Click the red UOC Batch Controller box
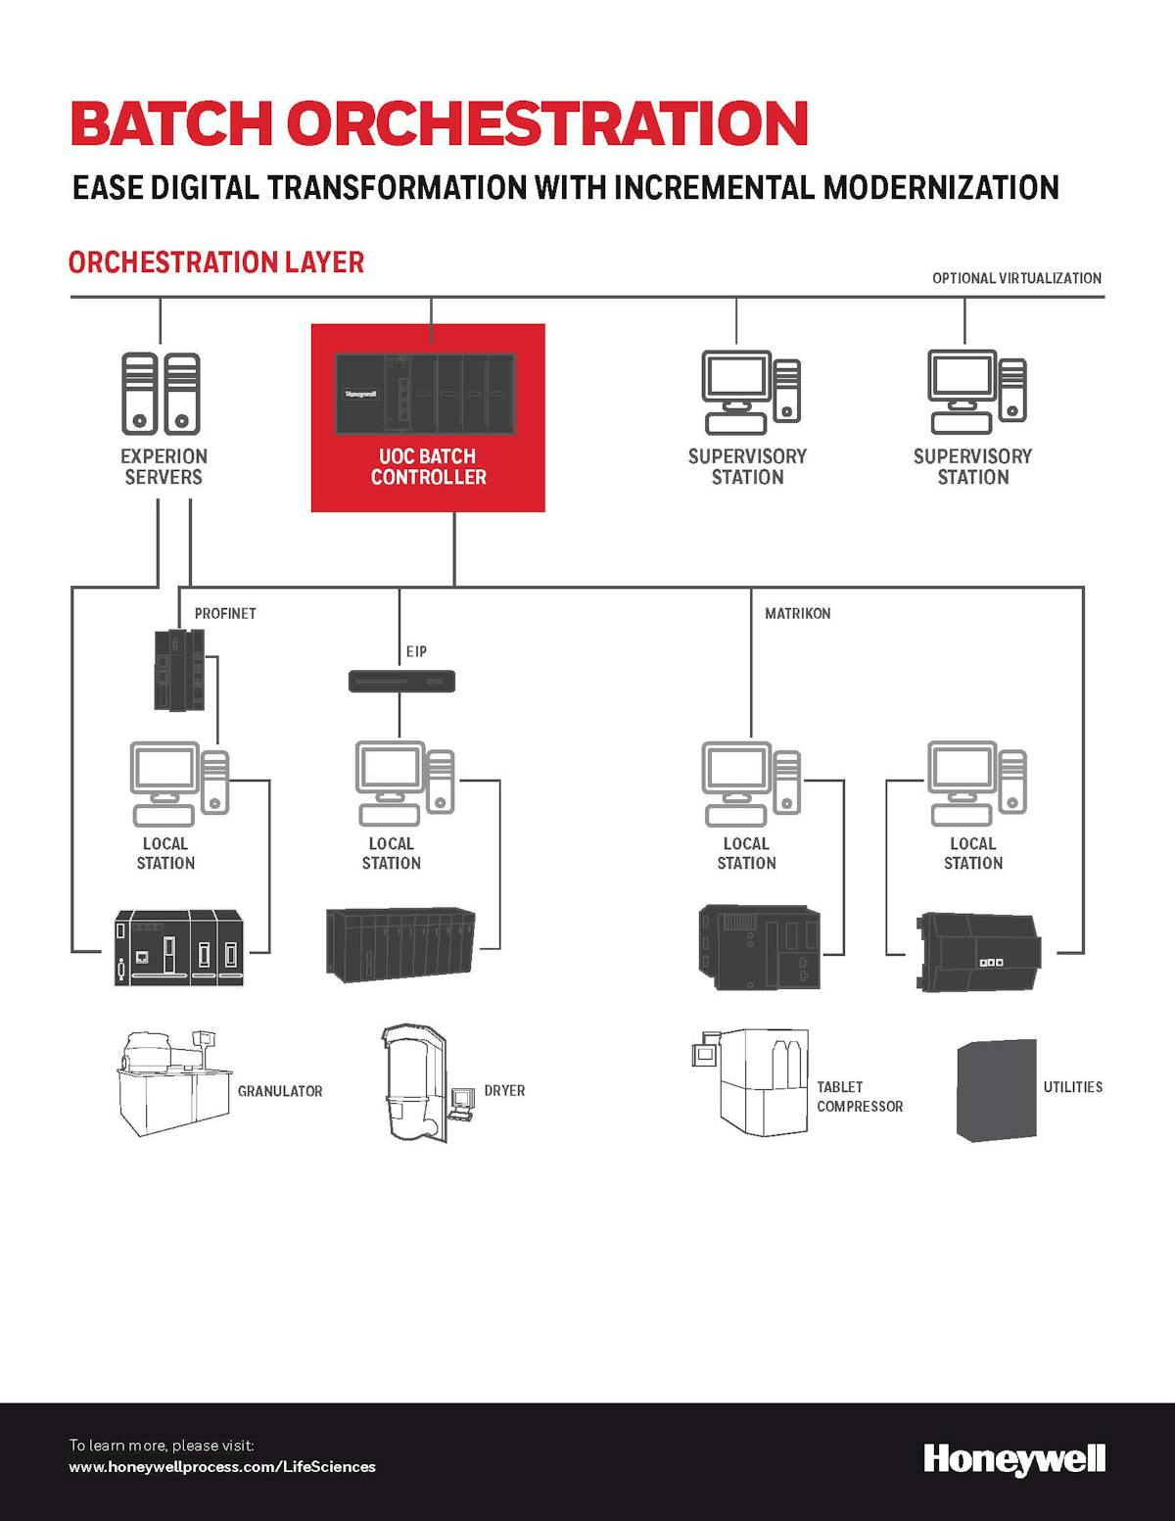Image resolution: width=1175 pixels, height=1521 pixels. coord(428,418)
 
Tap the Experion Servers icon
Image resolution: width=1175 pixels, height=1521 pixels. coord(161,394)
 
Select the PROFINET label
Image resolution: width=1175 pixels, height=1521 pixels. coord(225,613)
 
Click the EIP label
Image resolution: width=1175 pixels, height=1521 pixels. coord(416,651)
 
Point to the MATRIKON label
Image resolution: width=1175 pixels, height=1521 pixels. coord(797,613)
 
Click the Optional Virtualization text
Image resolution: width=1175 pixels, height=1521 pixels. coord(1016,278)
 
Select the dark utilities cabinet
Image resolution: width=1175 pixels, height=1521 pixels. coord(996,1090)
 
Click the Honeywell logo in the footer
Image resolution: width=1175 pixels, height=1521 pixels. coord(1014,1459)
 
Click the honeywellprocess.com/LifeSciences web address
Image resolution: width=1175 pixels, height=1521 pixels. coord(222,1466)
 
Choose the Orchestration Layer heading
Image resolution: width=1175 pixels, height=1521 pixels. coord(216,262)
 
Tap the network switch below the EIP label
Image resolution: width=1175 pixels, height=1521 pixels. coord(401,681)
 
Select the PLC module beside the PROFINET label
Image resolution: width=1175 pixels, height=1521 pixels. coord(180,670)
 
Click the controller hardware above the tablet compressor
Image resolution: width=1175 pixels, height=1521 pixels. coord(760,947)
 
